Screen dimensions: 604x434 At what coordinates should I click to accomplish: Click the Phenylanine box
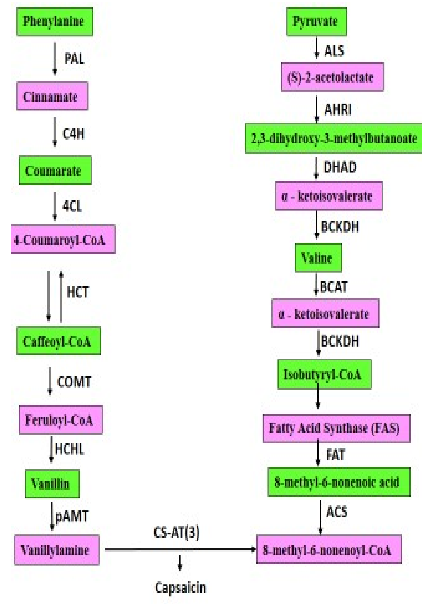click(x=55, y=22)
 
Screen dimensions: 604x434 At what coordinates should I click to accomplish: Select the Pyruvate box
click(x=316, y=22)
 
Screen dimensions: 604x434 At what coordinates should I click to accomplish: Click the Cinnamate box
click(x=52, y=96)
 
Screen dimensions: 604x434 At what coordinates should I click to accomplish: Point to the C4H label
click(x=73, y=133)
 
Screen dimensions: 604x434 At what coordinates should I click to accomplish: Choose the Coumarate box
click(x=55, y=171)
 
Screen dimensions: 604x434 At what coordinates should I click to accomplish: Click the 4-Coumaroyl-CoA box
click(x=63, y=239)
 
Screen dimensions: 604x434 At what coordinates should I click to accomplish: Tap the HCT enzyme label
click(x=78, y=292)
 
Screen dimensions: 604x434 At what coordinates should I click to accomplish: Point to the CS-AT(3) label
click(x=176, y=532)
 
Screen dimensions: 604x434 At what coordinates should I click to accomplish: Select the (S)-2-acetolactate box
click(x=332, y=77)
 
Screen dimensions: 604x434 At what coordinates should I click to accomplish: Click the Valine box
click(x=318, y=257)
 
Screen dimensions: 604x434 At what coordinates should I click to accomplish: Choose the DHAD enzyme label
click(x=340, y=167)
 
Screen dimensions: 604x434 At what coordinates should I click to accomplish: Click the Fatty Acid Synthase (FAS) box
click(x=336, y=428)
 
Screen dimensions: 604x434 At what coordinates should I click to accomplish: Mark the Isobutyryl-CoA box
click(x=324, y=374)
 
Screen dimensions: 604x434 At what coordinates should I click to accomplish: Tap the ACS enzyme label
click(x=336, y=511)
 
